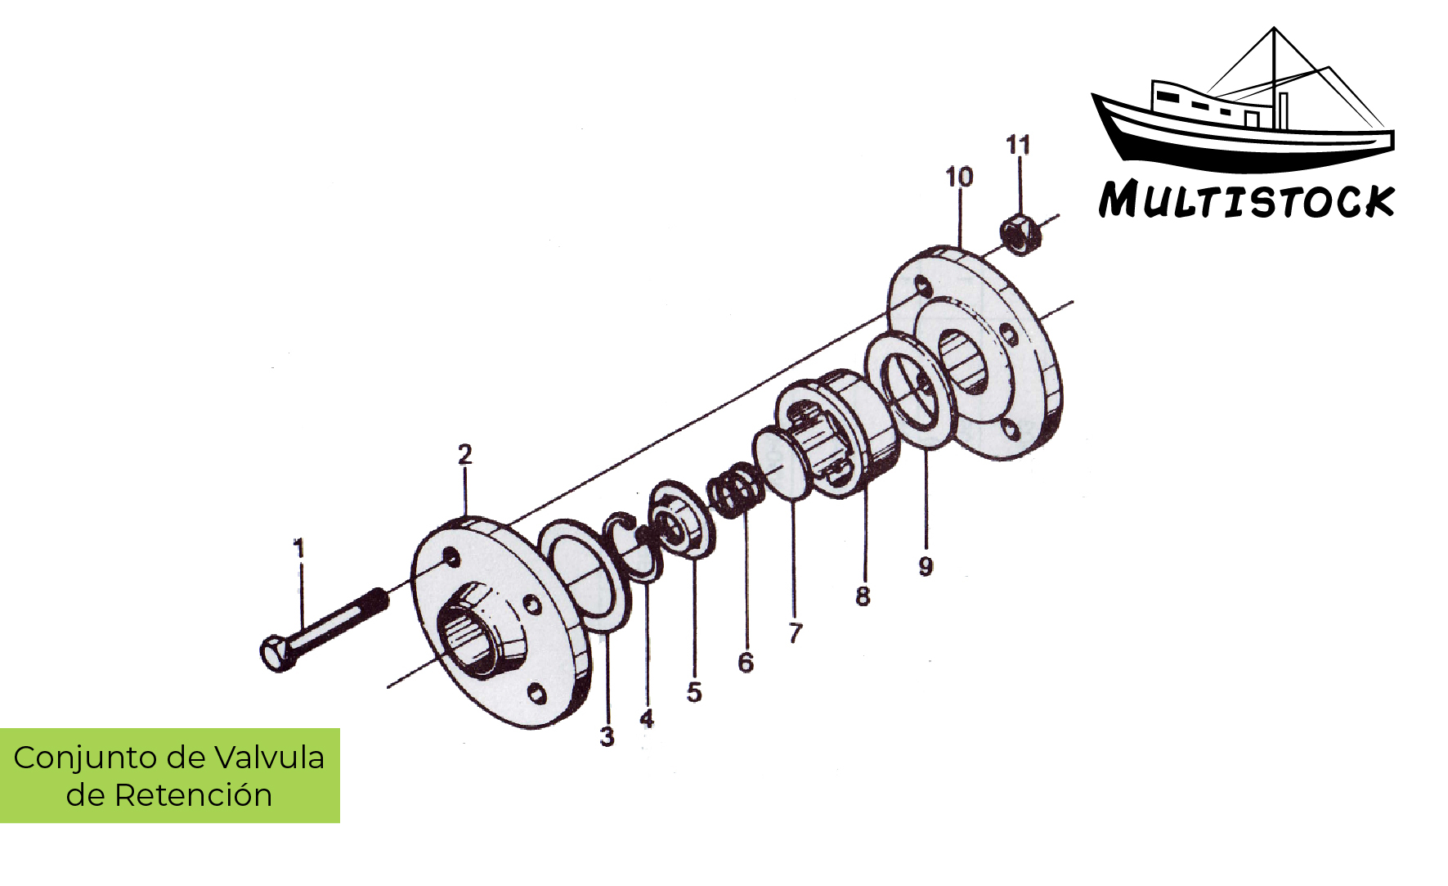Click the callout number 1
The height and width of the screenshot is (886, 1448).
(299, 548)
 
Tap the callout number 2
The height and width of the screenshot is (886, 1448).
(464, 455)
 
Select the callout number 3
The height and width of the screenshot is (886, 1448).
(607, 736)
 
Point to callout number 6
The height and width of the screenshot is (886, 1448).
(745, 662)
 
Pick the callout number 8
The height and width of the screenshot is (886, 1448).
(863, 596)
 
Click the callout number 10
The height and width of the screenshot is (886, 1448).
(959, 177)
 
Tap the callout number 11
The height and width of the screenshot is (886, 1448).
(1018, 145)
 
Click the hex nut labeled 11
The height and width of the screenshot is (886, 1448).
(1019, 234)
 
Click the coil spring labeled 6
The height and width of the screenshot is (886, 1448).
(736, 492)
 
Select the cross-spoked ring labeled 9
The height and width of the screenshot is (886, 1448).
(909, 391)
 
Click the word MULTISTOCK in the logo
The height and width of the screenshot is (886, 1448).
(1245, 201)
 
